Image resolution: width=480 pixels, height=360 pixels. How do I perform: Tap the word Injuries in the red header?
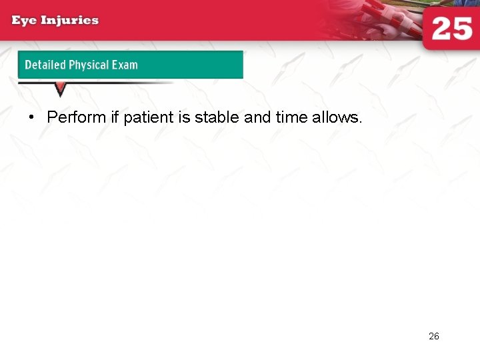[70, 20]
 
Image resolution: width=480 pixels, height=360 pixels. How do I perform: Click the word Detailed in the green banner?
[45, 65]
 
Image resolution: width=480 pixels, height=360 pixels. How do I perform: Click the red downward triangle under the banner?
[60, 89]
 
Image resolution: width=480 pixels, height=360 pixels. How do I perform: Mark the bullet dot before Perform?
[31, 118]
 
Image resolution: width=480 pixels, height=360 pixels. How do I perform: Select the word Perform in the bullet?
[77, 118]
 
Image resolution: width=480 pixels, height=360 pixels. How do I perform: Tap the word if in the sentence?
[115, 118]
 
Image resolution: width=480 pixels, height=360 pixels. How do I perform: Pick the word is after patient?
[185, 118]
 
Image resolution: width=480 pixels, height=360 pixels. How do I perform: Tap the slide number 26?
[434, 337]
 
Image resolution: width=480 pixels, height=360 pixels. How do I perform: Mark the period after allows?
[360, 122]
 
